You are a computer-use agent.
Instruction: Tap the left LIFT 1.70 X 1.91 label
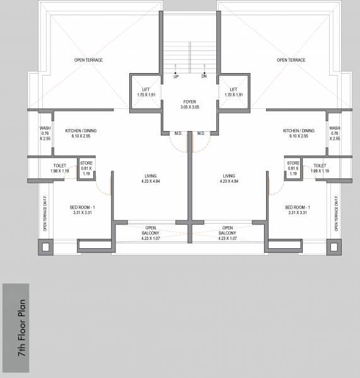(x=145, y=92)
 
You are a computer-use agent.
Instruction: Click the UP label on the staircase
(x=175, y=76)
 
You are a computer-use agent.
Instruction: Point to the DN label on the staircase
(x=204, y=76)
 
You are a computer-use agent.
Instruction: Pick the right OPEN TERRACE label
(x=291, y=60)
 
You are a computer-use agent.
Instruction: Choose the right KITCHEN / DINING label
(x=299, y=134)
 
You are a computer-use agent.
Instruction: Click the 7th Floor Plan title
(x=22, y=329)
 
